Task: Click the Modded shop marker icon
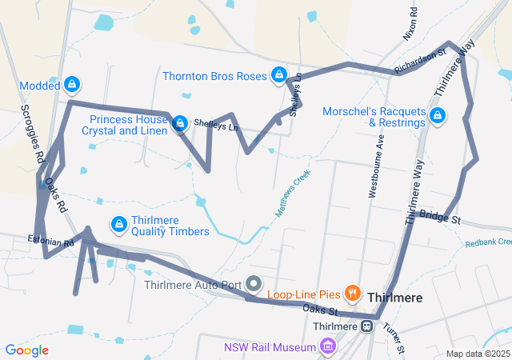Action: pos(73,84)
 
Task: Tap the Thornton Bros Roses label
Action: pos(214,77)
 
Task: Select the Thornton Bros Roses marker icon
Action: pos(278,75)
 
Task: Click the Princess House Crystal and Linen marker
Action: pos(180,123)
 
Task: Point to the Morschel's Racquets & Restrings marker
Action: pos(437,117)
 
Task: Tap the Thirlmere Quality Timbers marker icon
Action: pos(119,225)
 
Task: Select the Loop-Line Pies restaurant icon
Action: pos(350,294)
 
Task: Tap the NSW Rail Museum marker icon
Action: pos(326,346)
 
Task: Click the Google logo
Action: pos(26,350)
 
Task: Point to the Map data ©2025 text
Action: pos(477,354)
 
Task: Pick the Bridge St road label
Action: pos(440,217)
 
